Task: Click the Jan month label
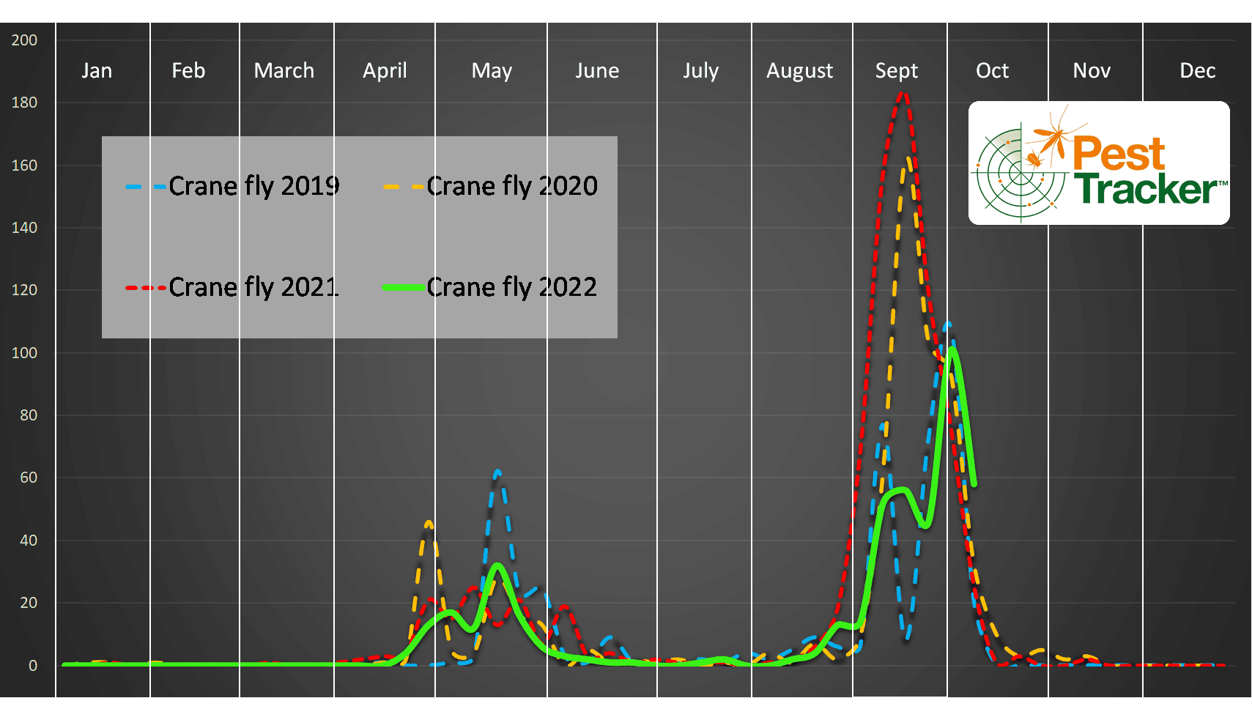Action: [x=97, y=70]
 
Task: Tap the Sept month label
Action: [x=896, y=70]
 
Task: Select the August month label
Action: [x=799, y=70]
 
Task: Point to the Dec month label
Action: [x=1197, y=70]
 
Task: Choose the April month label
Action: [x=385, y=70]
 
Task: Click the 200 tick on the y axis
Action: [x=24, y=40]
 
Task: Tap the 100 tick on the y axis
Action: [x=24, y=353]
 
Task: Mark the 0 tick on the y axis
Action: [x=32, y=666]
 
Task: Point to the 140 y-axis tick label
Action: [x=24, y=228]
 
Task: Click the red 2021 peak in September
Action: [x=903, y=94]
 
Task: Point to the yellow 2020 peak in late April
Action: [x=429, y=523]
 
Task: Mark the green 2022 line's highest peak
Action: [x=952, y=350]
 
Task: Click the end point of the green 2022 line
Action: [x=974, y=483]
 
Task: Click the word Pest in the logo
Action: [x=1119, y=154]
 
